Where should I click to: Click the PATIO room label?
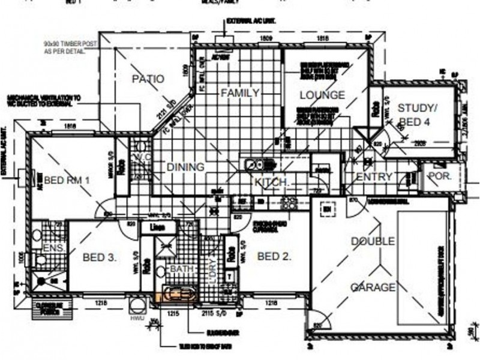(x=148, y=79)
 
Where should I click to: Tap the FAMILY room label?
(x=240, y=93)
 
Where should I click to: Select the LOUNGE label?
(x=322, y=95)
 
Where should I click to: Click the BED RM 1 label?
(x=67, y=179)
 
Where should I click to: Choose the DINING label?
(x=185, y=167)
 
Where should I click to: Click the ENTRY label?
(x=374, y=176)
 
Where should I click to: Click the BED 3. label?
(x=100, y=257)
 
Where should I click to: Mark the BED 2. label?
(x=274, y=257)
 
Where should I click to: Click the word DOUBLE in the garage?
(x=373, y=241)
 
